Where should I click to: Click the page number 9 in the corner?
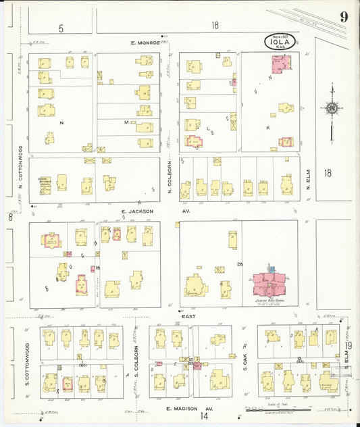coord(344,17)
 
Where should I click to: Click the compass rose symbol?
coord(332,108)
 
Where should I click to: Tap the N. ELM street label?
coord(307,178)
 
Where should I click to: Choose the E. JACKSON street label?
coord(134,211)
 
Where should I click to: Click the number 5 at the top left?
coord(61,28)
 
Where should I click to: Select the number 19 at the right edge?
coord(349,345)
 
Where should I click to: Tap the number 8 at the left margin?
coord(10,217)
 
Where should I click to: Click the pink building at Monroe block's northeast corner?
coord(281,64)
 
